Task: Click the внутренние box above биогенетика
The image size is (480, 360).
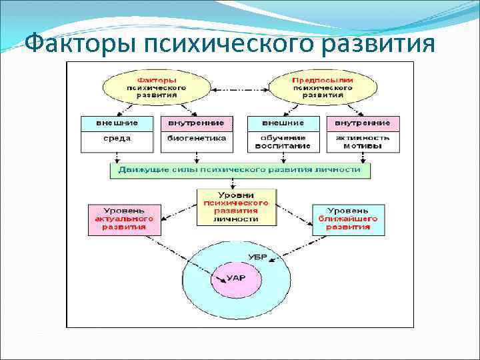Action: pyautogui.click(x=197, y=123)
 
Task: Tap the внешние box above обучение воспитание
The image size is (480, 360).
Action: pyautogui.click(x=283, y=123)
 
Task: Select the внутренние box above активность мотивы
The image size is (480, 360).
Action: pyautogui.click(x=363, y=123)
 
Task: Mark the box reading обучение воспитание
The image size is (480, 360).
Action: pyautogui.click(x=283, y=141)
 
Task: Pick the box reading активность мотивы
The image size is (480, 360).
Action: pyautogui.click(x=363, y=141)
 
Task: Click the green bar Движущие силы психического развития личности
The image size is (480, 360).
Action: pyautogui.click(x=239, y=170)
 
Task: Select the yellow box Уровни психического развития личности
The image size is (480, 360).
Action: pyautogui.click(x=237, y=206)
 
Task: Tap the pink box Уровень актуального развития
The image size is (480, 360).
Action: pyautogui.click(x=125, y=219)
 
